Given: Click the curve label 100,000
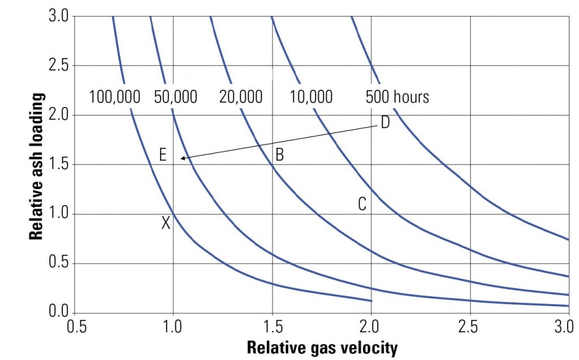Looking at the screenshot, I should pos(115,97).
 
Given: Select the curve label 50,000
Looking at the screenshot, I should pos(176,97).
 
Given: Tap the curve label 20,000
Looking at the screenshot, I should pos(241,97).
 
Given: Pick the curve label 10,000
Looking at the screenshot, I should pos(311,97).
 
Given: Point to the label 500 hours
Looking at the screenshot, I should pos(397,97).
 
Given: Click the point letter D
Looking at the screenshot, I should pos(385,123).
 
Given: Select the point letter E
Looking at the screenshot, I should pos(162,154).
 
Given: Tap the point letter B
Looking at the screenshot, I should pos(279,154).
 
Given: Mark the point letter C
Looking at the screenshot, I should pos(362,204).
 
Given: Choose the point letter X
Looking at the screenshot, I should pos(166,223).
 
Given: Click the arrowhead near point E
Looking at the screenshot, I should pos(183,158).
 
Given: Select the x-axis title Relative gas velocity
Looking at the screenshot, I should pos(322,348).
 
